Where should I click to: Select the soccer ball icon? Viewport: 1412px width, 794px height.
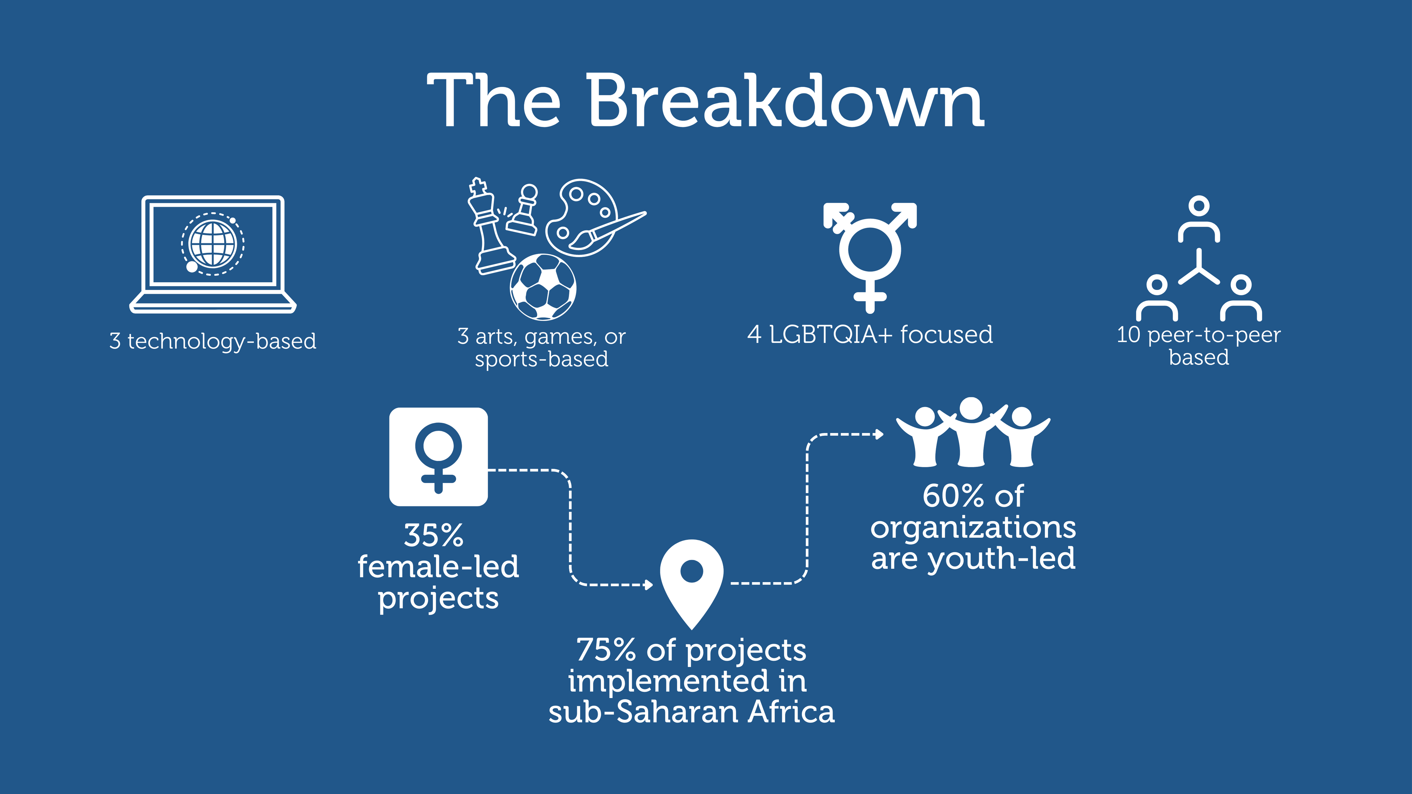coord(543,287)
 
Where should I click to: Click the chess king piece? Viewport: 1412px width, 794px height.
coord(489,227)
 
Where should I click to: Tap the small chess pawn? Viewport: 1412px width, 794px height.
coord(524,211)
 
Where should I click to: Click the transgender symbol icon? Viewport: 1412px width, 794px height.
coord(870,255)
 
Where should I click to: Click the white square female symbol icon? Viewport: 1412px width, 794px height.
coord(438,457)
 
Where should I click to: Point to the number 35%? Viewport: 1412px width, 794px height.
coord(433,535)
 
